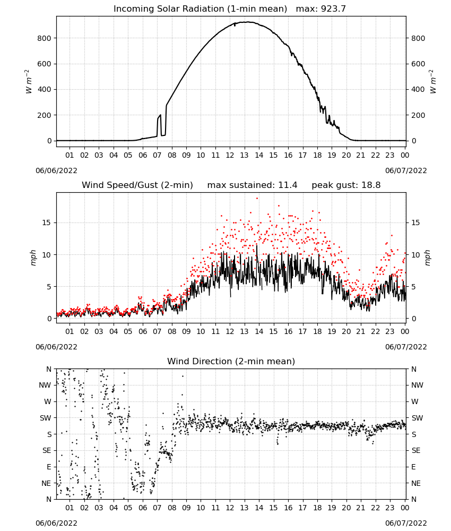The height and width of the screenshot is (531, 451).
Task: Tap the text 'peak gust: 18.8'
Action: [x=346, y=185]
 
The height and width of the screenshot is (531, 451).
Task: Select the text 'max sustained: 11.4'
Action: [x=252, y=185]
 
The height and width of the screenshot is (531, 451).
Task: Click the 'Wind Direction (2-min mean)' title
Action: [x=231, y=361]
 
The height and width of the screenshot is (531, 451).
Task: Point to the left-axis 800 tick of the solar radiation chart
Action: [x=44, y=38]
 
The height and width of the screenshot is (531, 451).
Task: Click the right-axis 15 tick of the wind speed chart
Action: [x=415, y=222]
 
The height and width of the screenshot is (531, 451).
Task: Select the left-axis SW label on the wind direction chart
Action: [x=46, y=418]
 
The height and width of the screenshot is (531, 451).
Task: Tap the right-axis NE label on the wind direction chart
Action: [x=416, y=483]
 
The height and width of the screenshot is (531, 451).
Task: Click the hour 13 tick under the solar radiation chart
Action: [x=244, y=155]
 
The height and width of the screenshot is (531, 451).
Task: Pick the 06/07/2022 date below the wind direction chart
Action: [x=406, y=523]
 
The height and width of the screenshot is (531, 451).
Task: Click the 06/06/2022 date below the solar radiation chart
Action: [x=56, y=170]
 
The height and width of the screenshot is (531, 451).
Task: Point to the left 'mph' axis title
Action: [x=33, y=258]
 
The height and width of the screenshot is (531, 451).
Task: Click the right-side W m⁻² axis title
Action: [x=433, y=81]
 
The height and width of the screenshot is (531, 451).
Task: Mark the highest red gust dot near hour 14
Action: [x=257, y=199]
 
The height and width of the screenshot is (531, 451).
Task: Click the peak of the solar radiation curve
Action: [x=247, y=22]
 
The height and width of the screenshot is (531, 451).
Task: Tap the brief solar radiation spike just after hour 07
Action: [x=159, y=117]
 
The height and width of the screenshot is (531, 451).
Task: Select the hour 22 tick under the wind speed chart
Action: [x=375, y=331]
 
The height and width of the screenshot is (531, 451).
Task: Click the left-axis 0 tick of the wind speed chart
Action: [x=49, y=319]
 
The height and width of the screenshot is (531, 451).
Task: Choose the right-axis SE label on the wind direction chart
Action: [x=416, y=450]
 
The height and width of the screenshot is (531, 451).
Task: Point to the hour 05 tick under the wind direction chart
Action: [x=128, y=508]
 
